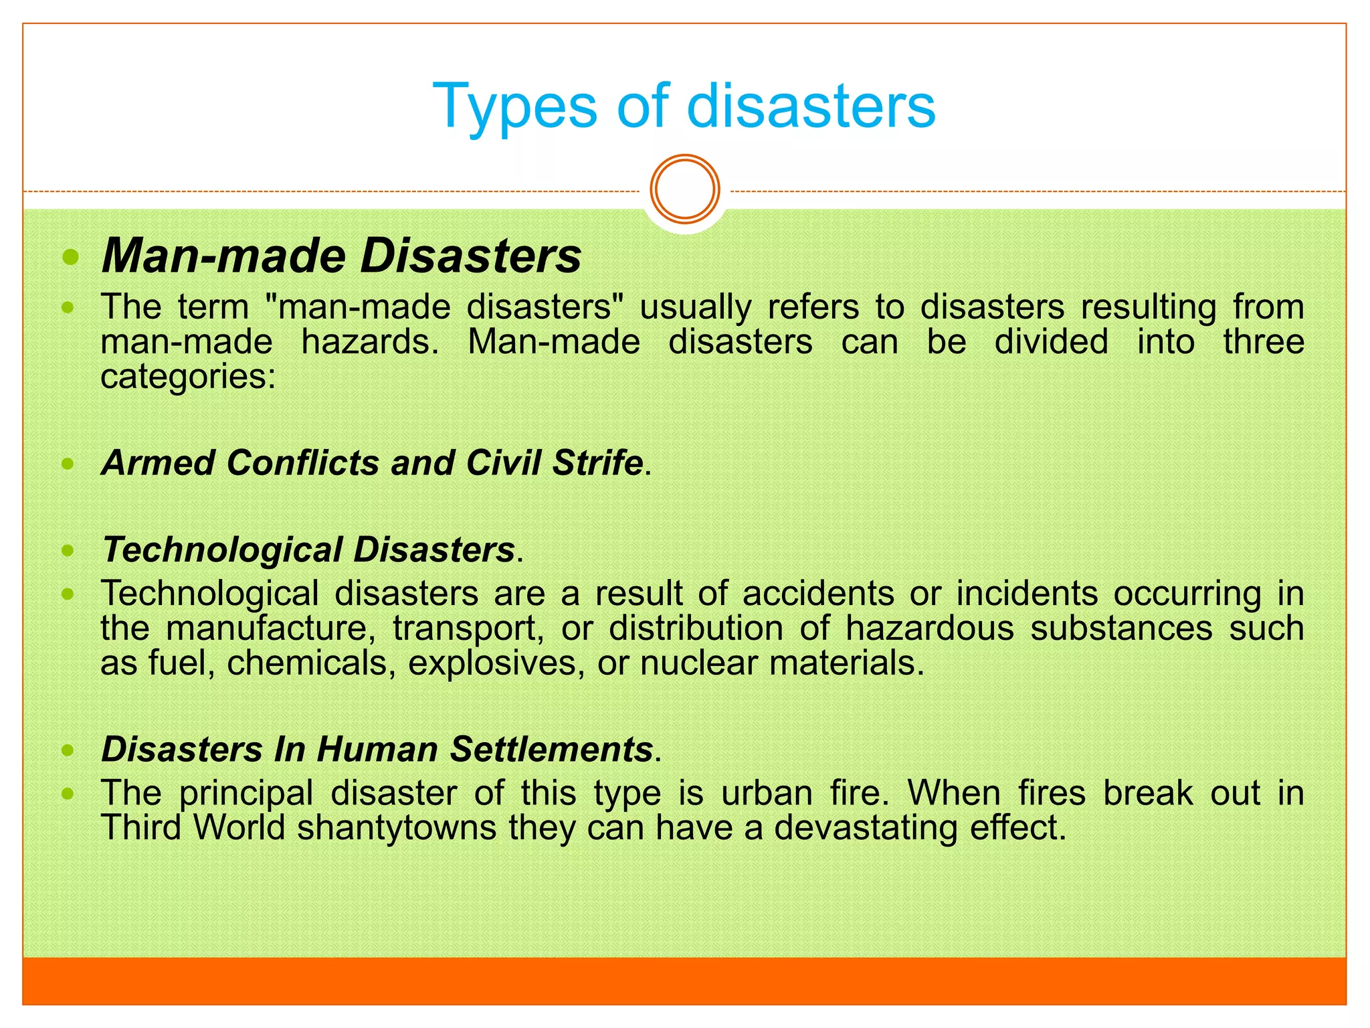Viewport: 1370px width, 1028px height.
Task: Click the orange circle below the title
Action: click(685, 189)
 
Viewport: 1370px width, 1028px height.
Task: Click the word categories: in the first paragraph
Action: click(188, 377)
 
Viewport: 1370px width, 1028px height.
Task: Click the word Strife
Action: click(597, 463)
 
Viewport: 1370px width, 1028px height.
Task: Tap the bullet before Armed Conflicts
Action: click(68, 463)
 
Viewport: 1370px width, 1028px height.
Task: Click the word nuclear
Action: click(698, 664)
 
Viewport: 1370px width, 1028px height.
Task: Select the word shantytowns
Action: click(397, 829)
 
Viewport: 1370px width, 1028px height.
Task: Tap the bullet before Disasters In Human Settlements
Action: click(68, 750)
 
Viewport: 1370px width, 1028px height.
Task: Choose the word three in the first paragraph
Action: click(1263, 343)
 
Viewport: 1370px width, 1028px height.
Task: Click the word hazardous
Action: click(930, 629)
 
